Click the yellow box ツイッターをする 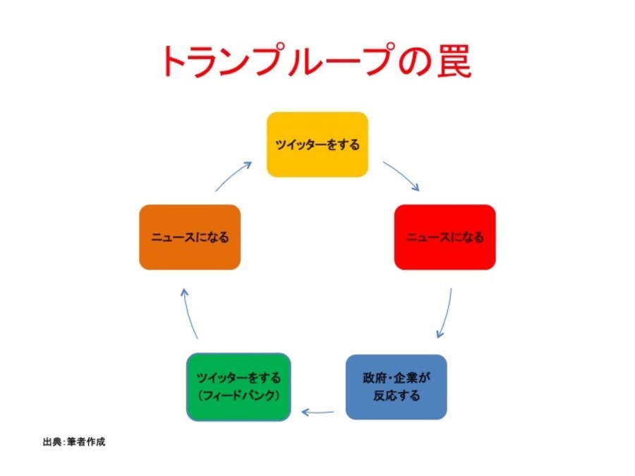pyautogui.click(x=317, y=145)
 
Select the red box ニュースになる pyautogui.click(x=445, y=237)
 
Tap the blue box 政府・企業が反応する pyautogui.click(x=396, y=386)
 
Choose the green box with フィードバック pyautogui.click(x=238, y=386)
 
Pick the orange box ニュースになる pyautogui.click(x=190, y=237)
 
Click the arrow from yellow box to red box pyautogui.click(x=401, y=176)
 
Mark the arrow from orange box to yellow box pyautogui.click(x=234, y=176)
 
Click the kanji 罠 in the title pyautogui.click(x=452, y=61)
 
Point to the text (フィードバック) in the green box pyautogui.click(x=238, y=396)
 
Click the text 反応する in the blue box pyautogui.click(x=396, y=396)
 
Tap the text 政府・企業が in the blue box pyautogui.click(x=396, y=377)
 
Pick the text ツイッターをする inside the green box pyautogui.click(x=238, y=377)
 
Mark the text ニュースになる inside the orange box pyautogui.click(x=190, y=237)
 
